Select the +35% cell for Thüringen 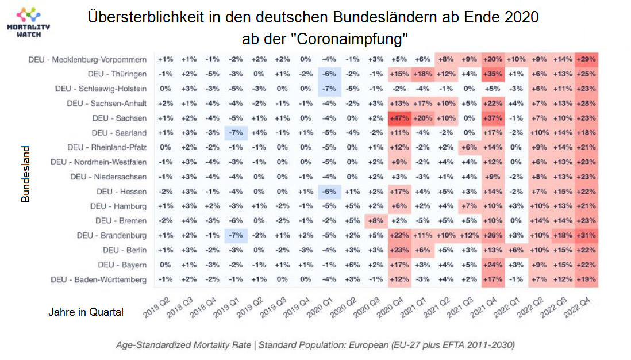tap(493, 74)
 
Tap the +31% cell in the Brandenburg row tap(586, 236)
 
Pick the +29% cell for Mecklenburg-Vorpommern tap(586, 59)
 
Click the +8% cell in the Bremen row tap(375, 221)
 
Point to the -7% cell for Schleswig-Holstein tap(329, 89)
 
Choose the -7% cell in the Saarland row tap(234, 133)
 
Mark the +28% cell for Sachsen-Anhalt tap(586, 104)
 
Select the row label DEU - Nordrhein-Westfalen tap(99, 162)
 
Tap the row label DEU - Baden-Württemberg tap(98, 280)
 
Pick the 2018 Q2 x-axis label tap(156, 309)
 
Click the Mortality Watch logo tap(28, 22)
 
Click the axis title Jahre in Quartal tap(86, 312)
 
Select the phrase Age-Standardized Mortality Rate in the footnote tap(182, 345)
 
